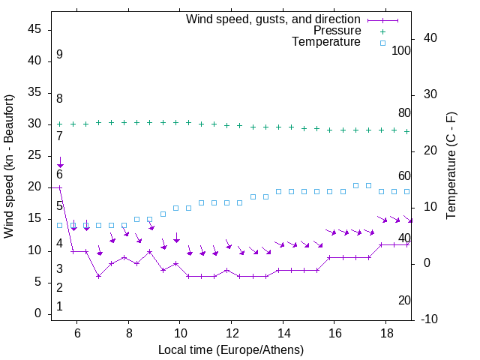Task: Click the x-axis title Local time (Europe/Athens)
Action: pos(231,350)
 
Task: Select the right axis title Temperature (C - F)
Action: pos(451,166)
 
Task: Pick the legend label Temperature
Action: pos(326,43)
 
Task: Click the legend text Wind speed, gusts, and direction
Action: pos(274,19)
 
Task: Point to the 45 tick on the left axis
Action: pos(34,29)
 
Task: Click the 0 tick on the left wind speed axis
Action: pos(37,313)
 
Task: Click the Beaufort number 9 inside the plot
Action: pos(59,55)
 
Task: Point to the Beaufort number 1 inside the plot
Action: pos(59,306)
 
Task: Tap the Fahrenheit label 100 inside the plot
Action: pos(401,50)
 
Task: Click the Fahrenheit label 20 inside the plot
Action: pos(404,300)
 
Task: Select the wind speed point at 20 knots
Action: pos(60,187)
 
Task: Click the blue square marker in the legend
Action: pos(382,43)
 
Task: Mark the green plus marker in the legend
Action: pos(382,31)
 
